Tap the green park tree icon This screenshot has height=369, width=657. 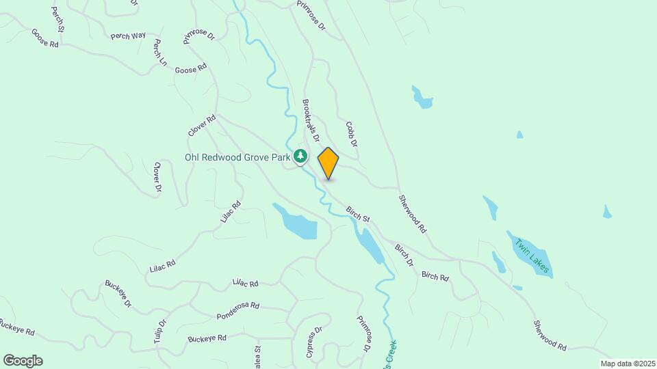[x=300, y=156]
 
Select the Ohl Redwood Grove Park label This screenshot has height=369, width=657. [x=238, y=157]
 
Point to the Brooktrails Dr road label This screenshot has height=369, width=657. [x=311, y=120]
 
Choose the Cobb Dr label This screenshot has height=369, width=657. [x=352, y=134]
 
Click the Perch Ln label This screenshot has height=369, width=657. [x=160, y=53]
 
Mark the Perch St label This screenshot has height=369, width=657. [x=57, y=20]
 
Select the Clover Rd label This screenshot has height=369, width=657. [x=203, y=126]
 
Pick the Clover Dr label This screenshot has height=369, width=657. [x=158, y=176]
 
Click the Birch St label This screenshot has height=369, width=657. [x=358, y=214]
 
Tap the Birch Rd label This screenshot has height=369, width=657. [x=435, y=276]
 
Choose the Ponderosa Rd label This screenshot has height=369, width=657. [x=238, y=311]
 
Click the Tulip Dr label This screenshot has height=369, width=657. [x=162, y=332]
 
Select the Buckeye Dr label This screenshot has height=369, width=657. [x=118, y=294]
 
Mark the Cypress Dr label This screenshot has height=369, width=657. [x=314, y=342]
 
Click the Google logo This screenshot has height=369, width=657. [x=23, y=361]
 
